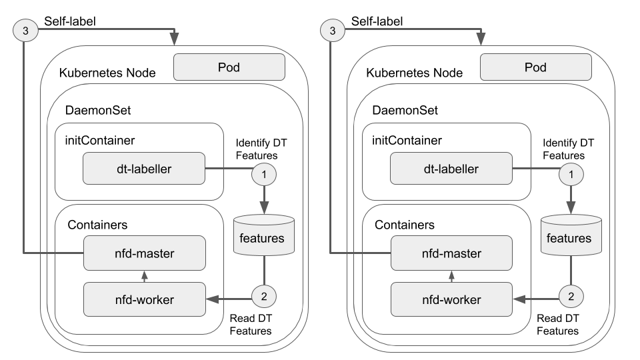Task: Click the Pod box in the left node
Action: [x=229, y=67]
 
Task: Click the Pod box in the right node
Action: [x=535, y=67]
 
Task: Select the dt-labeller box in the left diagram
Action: [x=143, y=169]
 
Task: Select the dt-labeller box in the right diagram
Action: [x=450, y=169]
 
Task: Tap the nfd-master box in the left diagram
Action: [x=143, y=253]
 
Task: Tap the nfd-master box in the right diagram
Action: [x=451, y=253]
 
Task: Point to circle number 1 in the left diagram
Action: [x=265, y=175]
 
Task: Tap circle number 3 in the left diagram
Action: [x=24, y=31]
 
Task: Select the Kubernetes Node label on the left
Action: [x=107, y=73]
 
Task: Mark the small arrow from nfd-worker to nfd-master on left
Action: [x=144, y=276]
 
